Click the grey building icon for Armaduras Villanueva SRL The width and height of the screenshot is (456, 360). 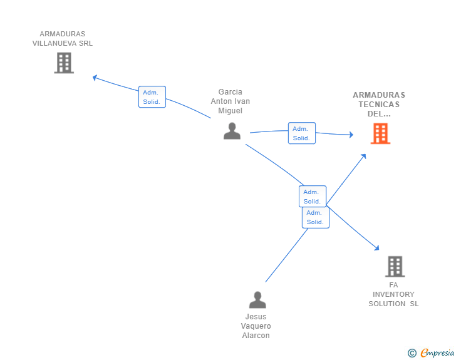click(64, 63)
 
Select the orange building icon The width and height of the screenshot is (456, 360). click(380, 133)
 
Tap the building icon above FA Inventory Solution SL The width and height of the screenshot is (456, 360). click(395, 266)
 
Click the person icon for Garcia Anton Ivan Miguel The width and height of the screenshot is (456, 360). click(232, 131)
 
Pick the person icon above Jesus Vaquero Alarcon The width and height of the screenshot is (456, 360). click(257, 300)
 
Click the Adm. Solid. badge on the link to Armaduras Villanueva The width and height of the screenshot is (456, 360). click(152, 97)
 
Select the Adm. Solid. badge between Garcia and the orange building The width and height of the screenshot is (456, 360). click(302, 133)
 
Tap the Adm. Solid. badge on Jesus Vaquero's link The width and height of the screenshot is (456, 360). click(316, 217)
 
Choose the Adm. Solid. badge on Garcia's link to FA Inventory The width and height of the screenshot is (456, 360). click(313, 197)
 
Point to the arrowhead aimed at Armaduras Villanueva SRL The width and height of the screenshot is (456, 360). click(95, 78)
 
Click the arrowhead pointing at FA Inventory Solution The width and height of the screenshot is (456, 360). click(377, 248)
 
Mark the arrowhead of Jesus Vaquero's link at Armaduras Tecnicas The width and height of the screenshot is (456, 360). click(363, 156)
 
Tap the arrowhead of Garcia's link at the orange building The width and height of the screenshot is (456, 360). click(351, 135)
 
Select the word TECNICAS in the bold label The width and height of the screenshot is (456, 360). click(379, 105)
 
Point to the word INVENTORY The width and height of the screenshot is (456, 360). click(393, 294)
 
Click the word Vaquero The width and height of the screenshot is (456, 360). click(256, 326)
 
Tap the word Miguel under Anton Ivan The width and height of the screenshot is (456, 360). click(231, 111)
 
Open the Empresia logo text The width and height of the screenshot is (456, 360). click(437, 352)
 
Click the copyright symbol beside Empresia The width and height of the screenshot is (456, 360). click(412, 353)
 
